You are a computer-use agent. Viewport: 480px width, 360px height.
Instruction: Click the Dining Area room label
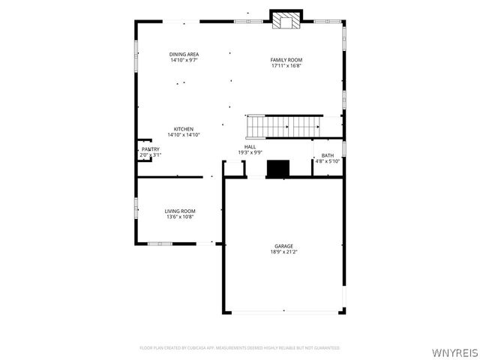click(184, 54)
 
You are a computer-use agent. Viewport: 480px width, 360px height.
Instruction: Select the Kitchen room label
click(184, 128)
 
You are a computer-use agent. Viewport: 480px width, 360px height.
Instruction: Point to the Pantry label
click(151, 149)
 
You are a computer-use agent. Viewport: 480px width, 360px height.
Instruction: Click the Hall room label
click(250, 146)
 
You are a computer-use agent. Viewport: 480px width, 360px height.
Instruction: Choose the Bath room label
click(328, 155)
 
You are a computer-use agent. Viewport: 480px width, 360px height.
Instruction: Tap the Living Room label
click(180, 211)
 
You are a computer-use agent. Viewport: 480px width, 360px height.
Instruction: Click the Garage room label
click(283, 246)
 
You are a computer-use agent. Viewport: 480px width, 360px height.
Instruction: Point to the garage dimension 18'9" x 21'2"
click(283, 252)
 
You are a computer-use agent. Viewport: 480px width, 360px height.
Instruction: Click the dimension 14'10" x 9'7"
click(184, 60)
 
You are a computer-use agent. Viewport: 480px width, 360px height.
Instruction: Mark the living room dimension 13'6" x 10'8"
click(180, 217)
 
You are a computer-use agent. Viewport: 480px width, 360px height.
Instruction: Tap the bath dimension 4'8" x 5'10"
click(328, 161)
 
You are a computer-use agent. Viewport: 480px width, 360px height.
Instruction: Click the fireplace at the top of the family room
click(285, 20)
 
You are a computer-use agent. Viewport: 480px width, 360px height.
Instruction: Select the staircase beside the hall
click(283, 126)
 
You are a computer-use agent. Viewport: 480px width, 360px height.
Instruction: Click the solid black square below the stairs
click(278, 169)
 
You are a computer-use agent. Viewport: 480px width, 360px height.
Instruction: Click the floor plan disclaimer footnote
click(240, 348)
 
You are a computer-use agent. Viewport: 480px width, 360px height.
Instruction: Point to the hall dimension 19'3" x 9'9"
click(250, 152)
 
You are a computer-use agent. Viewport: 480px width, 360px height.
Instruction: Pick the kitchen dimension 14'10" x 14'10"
click(184, 134)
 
